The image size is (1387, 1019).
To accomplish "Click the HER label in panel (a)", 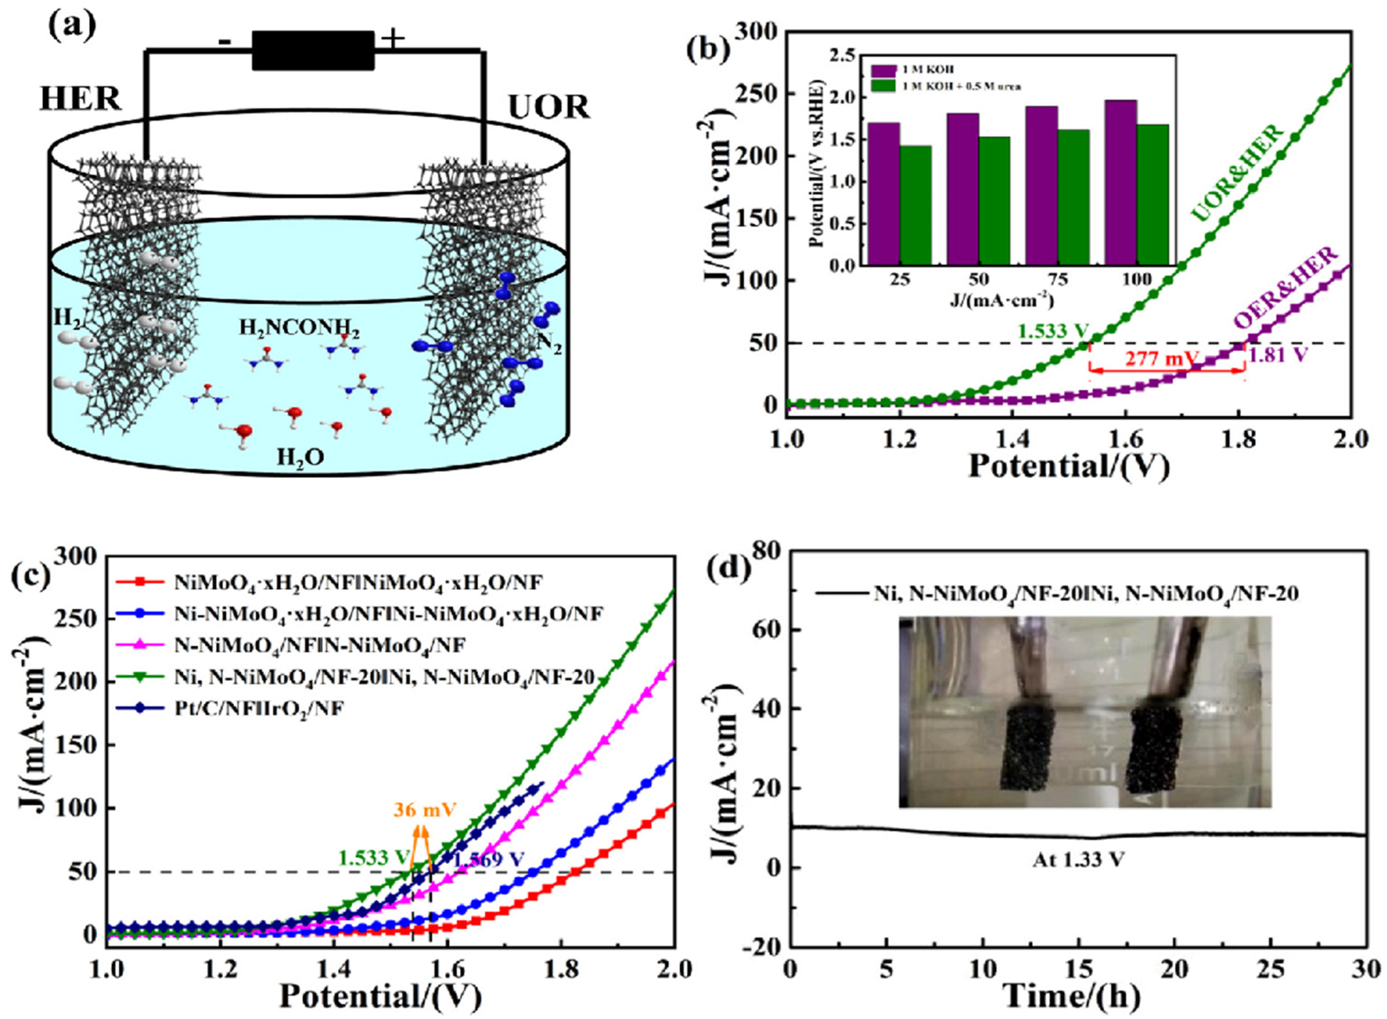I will (x=80, y=99).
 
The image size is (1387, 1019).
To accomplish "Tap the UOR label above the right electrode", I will (x=548, y=108).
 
